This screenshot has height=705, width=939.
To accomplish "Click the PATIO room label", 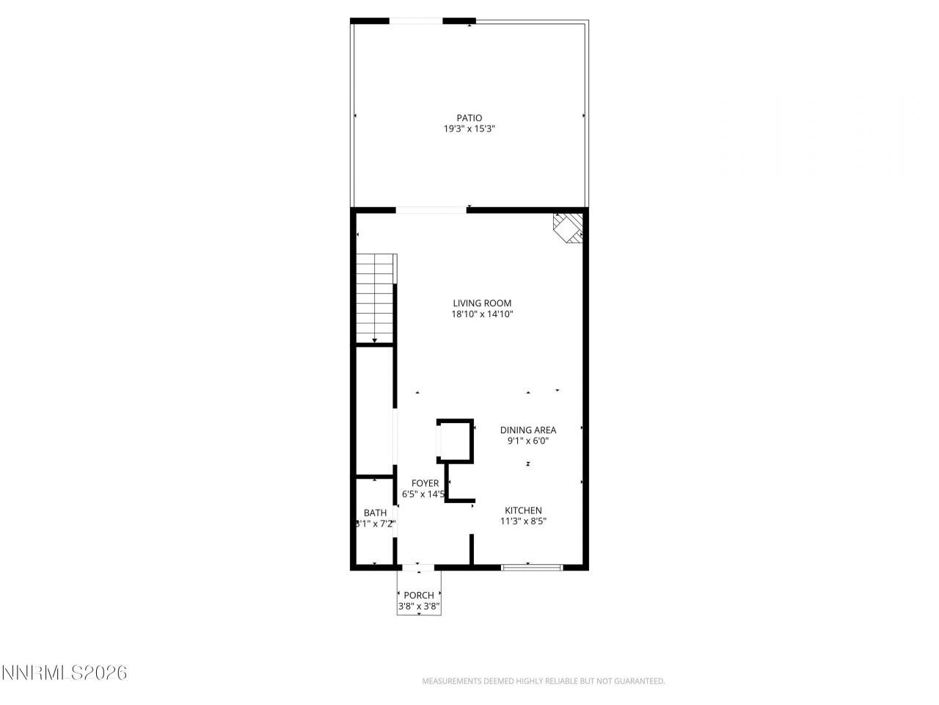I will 469,117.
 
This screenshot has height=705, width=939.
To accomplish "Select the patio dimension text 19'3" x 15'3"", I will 469,129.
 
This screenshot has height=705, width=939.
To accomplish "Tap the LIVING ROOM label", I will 482,303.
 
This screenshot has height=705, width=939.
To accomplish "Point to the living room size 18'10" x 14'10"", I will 482,314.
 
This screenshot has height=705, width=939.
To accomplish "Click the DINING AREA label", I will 528,430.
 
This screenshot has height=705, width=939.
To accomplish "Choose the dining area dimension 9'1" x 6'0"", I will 528,441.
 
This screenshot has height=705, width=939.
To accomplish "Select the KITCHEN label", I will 523,510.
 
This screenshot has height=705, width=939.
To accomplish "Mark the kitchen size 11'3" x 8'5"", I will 523,521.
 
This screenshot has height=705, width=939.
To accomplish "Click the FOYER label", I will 425,483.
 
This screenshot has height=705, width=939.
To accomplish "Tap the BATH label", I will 375,513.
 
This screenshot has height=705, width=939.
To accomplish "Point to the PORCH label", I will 419,595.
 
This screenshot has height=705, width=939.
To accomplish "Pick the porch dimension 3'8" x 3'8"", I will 419,607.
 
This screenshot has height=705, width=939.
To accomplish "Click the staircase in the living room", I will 376,297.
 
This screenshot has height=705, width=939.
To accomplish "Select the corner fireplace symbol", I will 569,227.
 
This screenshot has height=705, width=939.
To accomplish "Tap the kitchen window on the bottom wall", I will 532,566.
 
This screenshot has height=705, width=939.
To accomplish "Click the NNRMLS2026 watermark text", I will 65,673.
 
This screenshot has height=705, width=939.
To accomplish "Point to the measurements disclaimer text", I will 544,681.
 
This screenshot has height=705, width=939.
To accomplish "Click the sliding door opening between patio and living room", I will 431,211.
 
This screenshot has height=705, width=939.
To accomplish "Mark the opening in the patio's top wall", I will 416,21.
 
